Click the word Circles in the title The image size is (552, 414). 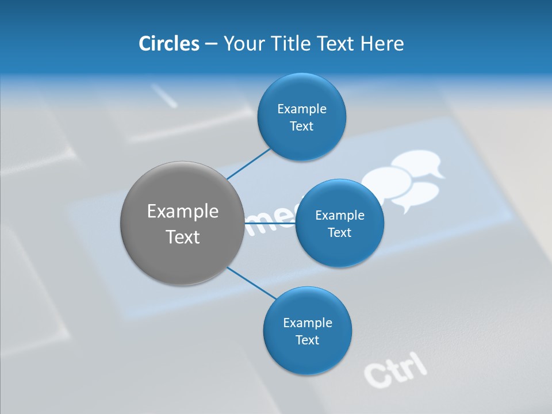pyautogui.click(x=169, y=44)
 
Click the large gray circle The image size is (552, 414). pyautogui.click(x=182, y=223)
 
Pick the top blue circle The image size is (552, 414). pyautogui.click(x=301, y=117)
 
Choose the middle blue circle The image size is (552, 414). pyautogui.click(x=340, y=223)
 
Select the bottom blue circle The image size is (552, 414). pyautogui.click(x=308, y=331)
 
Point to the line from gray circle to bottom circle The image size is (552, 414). pyautogui.click(x=251, y=282)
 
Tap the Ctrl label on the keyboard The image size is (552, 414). pyautogui.click(x=396, y=369)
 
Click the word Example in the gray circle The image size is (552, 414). pyautogui.click(x=183, y=211)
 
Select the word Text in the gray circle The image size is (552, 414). pyautogui.click(x=183, y=237)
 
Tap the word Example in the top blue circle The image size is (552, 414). pyautogui.click(x=302, y=109)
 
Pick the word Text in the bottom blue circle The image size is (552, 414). pyautogui.click(x=307, y=340)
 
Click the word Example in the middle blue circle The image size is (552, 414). pyautogui.click(x=340, y=215)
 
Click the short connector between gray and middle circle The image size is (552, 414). pyautogui.click(x=270, y=223)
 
